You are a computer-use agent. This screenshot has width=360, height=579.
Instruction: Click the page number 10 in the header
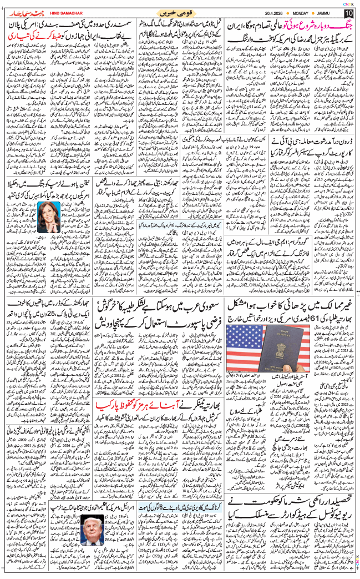(x=348, y=13)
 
